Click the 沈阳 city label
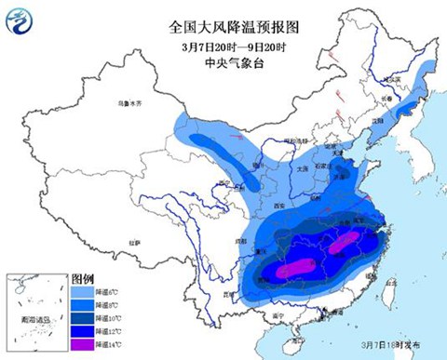coord(377,122)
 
